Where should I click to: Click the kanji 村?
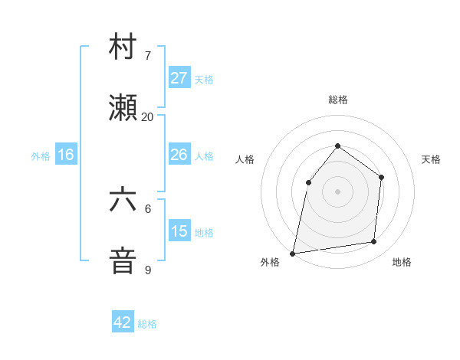(123, 47)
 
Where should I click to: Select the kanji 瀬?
(123, 109)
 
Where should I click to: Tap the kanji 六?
(123, 201)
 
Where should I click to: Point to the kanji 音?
(123, 261)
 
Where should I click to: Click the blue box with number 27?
(179, 78)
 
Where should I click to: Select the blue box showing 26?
(179, 155)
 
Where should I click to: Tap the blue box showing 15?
(179, 231)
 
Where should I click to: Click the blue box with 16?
(66, 155)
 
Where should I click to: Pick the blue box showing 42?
(123, 322)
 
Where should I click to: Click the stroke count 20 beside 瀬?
(147, 117)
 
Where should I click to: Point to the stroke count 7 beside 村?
(147, 56)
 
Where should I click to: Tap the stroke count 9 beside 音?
(147, 270)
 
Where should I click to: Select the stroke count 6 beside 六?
(147, 208)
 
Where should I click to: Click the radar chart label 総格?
(337, 100)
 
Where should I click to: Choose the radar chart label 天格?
(431, 159)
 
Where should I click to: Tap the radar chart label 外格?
(270, 262)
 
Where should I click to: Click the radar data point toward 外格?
(293, 253)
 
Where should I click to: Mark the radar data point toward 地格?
(374, 242)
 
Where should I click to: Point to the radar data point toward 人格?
(308, 182)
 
